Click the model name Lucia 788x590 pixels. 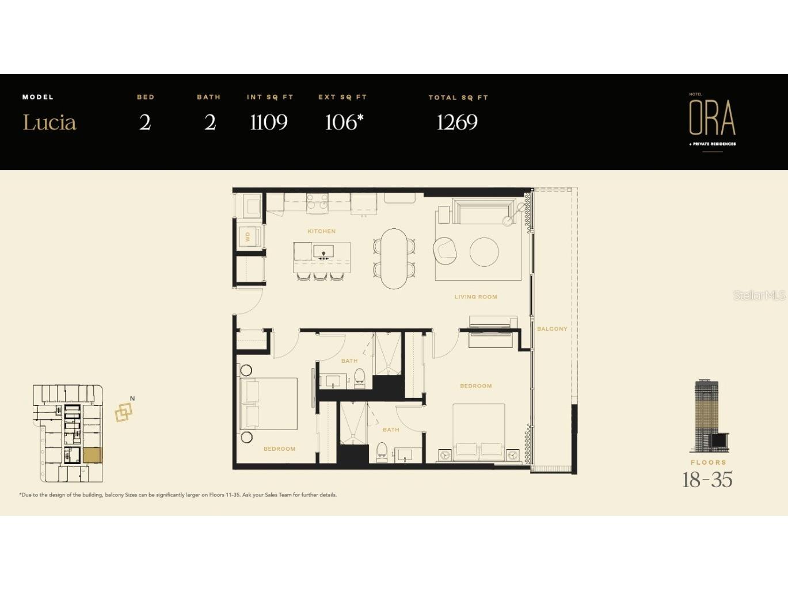(x=50, y=122)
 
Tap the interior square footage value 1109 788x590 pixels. (x=269, y=122)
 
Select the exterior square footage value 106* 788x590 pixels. (x=344, y=122)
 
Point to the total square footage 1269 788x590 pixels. (x=457, y=122)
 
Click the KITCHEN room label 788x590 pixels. (x=322, y=231)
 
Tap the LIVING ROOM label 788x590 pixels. (x=475, y=297)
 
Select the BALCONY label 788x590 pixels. (x=552, y=329)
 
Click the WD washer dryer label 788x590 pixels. (x=248, y=236)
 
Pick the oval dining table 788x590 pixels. (x=394, y=259)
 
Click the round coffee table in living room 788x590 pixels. (x=484, y=252)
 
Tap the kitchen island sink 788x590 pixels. (x=323, y=252)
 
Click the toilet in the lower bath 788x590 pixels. (x=382, y=453)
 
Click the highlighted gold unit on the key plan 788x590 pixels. (x=93, y=455)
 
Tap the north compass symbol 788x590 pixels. (x=124, y=409)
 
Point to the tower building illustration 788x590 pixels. (x=709, y=416)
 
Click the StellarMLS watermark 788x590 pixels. (x=760, y=296)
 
